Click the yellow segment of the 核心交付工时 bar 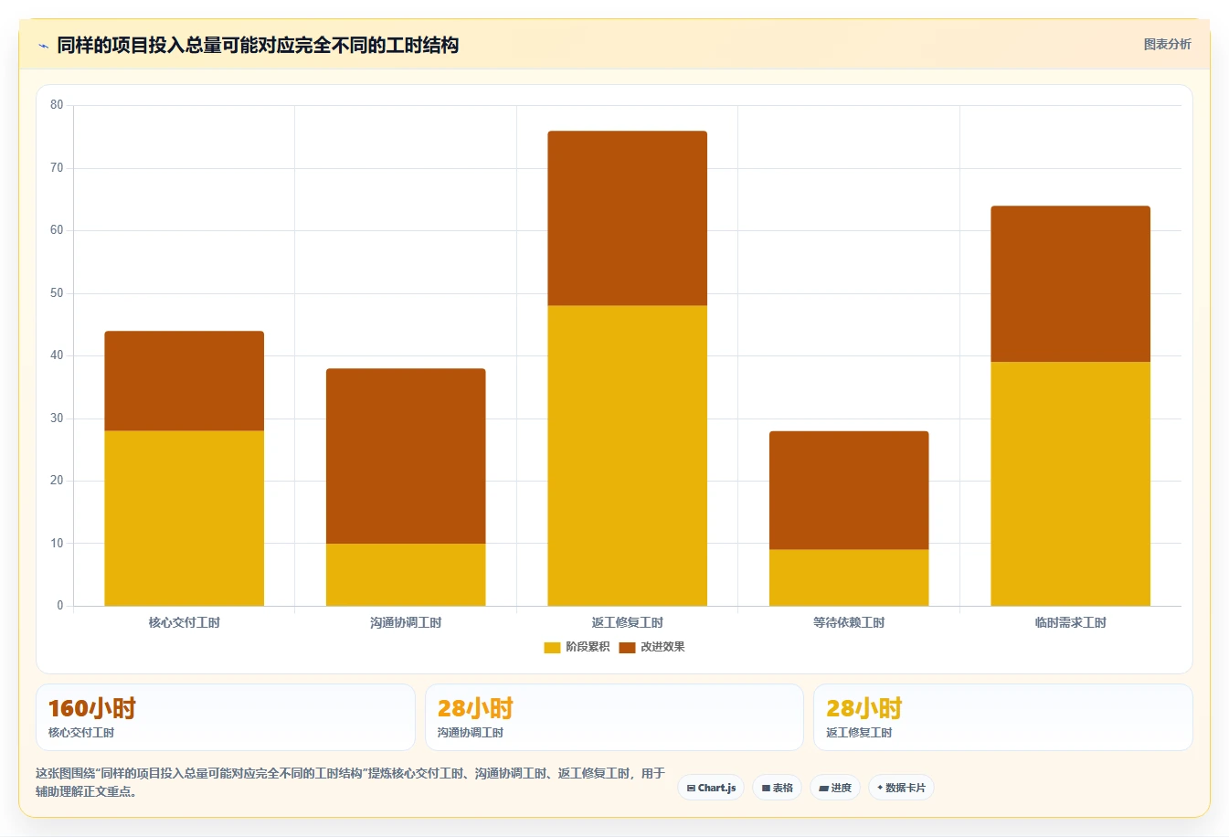185,518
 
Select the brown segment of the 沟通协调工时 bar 406,456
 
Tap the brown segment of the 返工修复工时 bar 627,218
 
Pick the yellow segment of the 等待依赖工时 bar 849,577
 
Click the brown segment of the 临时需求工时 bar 1070,284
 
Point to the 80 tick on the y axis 57,105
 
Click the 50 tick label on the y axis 57,293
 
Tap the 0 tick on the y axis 59,606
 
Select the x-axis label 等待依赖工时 849,622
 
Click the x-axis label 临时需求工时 1070,622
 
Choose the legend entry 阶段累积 577,647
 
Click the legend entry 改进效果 652,647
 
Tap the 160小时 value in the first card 91,708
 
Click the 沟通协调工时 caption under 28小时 471,733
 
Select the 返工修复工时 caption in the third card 859,733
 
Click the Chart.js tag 711,789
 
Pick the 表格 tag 777,789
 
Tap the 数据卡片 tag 901,789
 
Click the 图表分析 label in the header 1167,45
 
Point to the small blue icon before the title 43,46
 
